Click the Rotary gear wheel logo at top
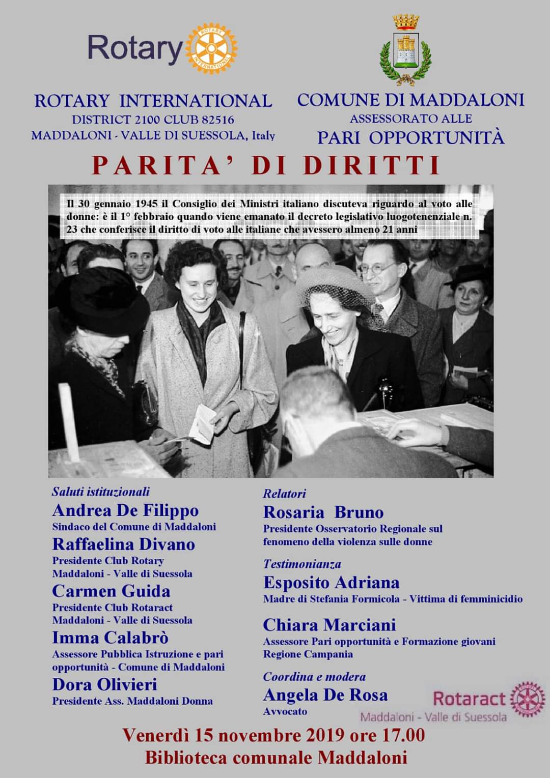[211, 48]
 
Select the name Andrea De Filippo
[125, 510]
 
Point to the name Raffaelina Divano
[124, 544]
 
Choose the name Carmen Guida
[111, 591]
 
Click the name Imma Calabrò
[110, 638]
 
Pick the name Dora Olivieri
[104, 685]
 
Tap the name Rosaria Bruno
[323, 512]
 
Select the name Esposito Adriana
[331, 583]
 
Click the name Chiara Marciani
[329, 625]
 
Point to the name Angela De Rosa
[325, 695]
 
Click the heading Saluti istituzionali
[101, 492]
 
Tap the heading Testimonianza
[302, 564]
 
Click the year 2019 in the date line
[328, 735]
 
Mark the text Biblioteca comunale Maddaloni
[276, 758]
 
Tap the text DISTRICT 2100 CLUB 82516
[153, 120]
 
